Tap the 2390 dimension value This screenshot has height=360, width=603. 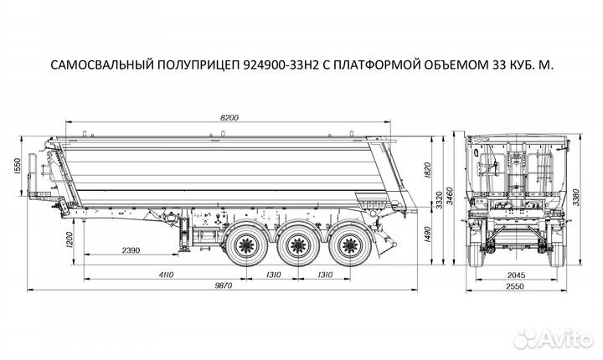point(131,250)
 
